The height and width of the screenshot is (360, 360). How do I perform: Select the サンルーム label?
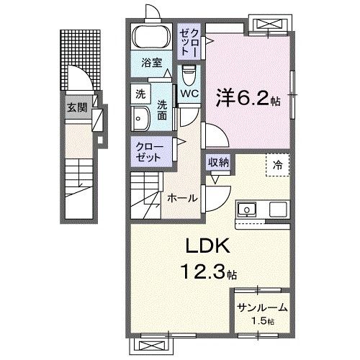(x=262, y=307)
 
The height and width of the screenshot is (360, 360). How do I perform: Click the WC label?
(x=189, y=94)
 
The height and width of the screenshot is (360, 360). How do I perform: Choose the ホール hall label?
(x=182, y=197)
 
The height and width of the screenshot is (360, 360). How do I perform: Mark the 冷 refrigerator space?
(x=277, y=164)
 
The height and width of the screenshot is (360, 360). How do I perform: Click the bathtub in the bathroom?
(x=150, y=37)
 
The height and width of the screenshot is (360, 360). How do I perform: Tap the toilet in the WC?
(x=189, y=74)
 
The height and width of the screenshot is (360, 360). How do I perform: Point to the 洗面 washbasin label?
(x=163, y=108)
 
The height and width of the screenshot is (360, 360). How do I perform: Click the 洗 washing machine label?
(x=140, y=93)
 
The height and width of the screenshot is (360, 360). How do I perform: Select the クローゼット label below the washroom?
(x=150, y=151)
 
